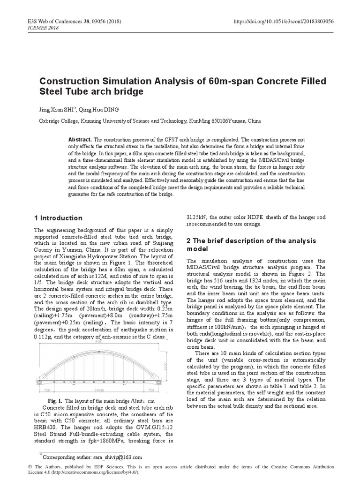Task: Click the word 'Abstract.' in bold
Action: [80, 140]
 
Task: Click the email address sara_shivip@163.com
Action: [118, 457]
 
